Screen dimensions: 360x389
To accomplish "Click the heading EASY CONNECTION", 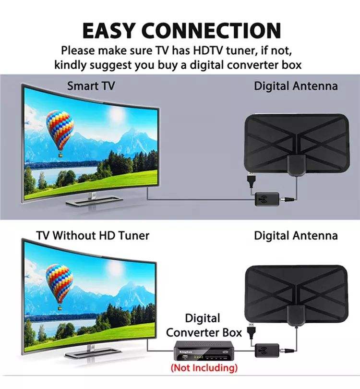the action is coord(181,31).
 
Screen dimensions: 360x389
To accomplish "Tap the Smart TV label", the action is coord(91,86).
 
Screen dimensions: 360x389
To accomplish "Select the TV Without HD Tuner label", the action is coord(93,235).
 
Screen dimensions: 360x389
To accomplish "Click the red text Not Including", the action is coord(204,368).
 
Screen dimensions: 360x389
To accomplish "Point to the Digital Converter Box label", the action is coord(204,326).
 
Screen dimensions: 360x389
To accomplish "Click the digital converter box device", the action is coord(204,351).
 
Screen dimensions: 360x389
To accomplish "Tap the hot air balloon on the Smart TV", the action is coord(60,133).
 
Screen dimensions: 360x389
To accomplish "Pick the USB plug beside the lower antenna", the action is coord(251,330).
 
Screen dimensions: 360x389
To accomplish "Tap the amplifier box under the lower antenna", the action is coord(267,351).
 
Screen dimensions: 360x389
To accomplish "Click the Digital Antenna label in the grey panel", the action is coord(296,86).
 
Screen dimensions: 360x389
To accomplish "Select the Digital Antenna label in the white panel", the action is coord(296,236).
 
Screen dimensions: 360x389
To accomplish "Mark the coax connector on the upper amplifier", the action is coord(287,199).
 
